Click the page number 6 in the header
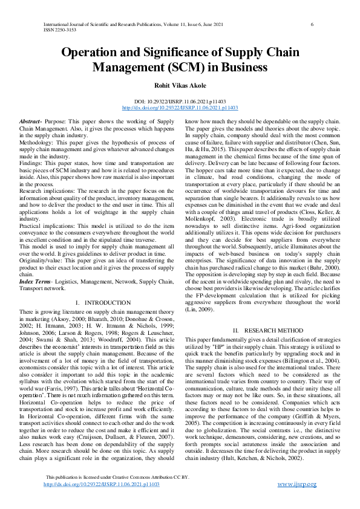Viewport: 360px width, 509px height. point(312,24)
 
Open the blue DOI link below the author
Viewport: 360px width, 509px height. point(180,108)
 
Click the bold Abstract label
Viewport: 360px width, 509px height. point(31,122)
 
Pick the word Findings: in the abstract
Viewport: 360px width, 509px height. point(32,164)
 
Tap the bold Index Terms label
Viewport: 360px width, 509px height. point(34,282)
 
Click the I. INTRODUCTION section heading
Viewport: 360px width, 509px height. point(103,302)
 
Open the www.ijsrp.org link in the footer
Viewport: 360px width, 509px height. point(298,484)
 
